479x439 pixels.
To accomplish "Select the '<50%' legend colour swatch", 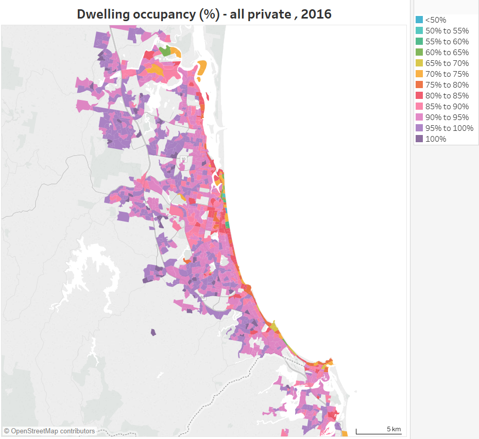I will click(x=419, y=20).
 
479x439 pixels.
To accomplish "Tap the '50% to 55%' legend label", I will click(x=447, y=31).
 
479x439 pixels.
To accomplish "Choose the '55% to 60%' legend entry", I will click(x=447, y=42).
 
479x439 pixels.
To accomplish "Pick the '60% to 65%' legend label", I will click(x=447, y=53).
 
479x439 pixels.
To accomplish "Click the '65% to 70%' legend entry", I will click(x=447, y=63).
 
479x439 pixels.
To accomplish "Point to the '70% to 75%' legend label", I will click(x=447, y=74).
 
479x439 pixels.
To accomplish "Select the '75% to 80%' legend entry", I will click(x=447, y=85).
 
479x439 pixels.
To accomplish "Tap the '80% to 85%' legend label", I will click(x=447, y=96).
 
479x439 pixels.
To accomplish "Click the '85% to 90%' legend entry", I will click(x=447, y=107).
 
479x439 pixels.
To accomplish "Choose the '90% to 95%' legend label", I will click(x=447, y=117).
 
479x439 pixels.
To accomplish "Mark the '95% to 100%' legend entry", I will click(x=449, y=128).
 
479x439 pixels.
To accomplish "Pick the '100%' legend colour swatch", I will click(x=419, y=139).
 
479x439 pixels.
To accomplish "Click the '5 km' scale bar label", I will click(x=394, y=429).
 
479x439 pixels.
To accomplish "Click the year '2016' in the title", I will click(x=316, y=14).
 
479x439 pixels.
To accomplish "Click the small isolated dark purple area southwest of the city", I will click(x=153, y=332).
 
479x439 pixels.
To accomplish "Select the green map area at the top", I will click(x=165, y=51).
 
